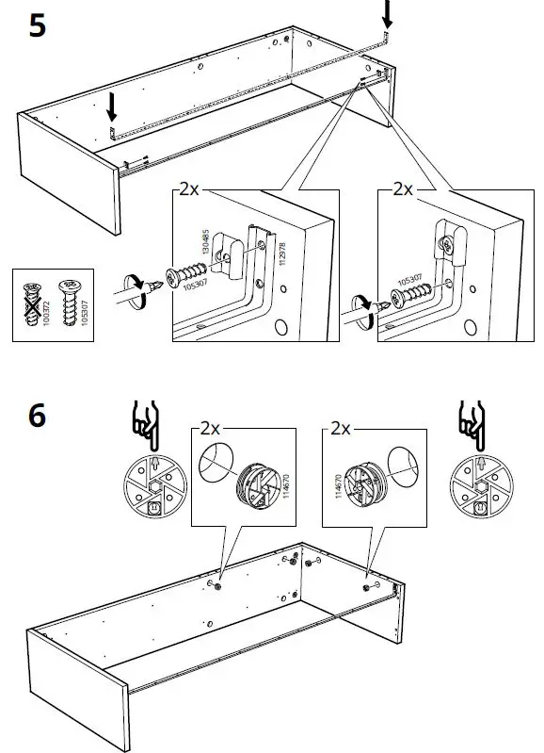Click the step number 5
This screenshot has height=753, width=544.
click(37, 25)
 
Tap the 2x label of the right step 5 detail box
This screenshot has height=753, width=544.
click(402, 189)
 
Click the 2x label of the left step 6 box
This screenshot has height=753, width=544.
click(208, 429)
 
